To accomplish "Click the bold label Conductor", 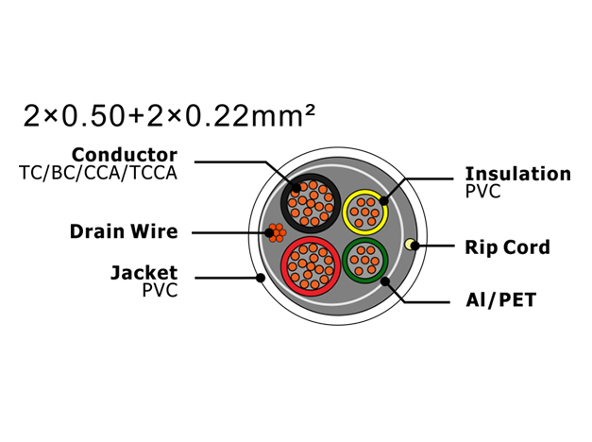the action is pyautogui.click(x=125, y=155).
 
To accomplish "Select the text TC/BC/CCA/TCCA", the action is pyautogui.click(x=98, y=173).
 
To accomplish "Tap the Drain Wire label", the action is pyautogui.click(x=124, y=231).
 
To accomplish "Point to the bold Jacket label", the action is pyautogui.click(x=144, y=273).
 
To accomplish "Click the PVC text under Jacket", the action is pyautogui.click(x=160, y=290).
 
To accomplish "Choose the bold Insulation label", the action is pyautogui.click(x=518, y=174).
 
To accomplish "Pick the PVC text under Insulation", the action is pyautogui.click(x=482, y=191).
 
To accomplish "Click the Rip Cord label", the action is pyautogui.click(x=507, y=247).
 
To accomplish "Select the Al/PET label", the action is pyautogui.click(x=501, y=300).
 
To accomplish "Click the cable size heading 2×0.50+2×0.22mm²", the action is pyautogui.click(x=169, y=116).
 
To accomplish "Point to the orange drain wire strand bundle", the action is pyautogui.click(x=277, y=232).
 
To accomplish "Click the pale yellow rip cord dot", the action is pyautogui.click(x=409, y=245).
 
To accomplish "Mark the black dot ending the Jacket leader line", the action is pyautogui.click(x=261, y=278).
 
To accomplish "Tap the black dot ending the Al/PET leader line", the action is pyautogui.click(x=385, y=281).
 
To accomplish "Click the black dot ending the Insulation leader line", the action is pyautogui.click(x=383, y=200).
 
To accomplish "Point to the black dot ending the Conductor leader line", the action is pyautogui.click(x=296, y=187).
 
